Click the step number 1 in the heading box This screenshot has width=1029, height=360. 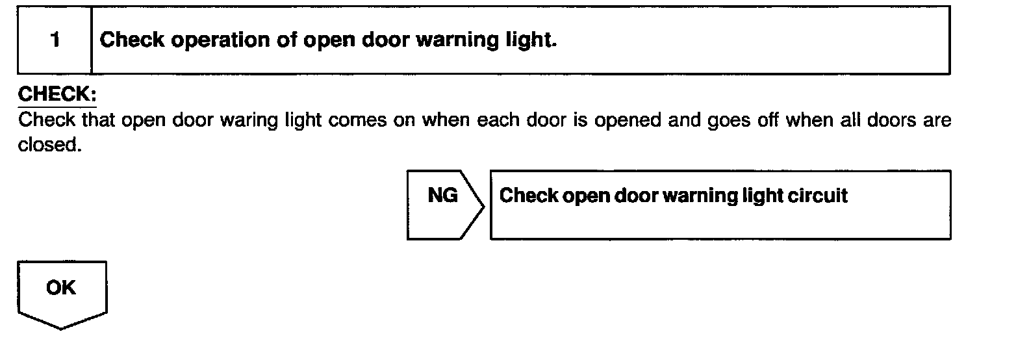(x=55, y=40)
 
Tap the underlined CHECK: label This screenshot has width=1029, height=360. (x=57, y=95)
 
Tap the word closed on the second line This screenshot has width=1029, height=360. (x=49, y=145)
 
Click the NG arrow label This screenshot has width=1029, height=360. (x=442, y=196)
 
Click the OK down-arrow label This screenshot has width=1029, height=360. (x=61, y=288)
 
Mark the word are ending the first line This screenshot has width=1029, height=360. (x=937, y=121)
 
